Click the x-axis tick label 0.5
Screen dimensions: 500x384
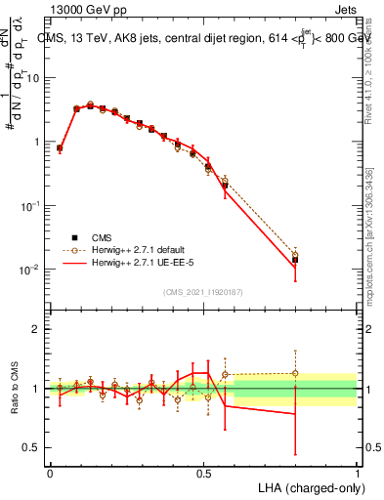click(x=203, y=472)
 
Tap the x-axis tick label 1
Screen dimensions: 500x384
click(x=357, y=472)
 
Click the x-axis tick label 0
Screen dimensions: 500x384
click(x=50, y=472)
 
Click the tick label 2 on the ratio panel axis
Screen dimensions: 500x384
click(x=38, y=329)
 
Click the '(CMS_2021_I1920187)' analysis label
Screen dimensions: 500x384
click(x=203, y=292)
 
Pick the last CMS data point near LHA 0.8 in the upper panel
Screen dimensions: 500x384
click(x=295, y=260)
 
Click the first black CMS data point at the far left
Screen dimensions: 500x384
click(x=60, y=148)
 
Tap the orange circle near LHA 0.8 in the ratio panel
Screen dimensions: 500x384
click(x=295, y=373)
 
